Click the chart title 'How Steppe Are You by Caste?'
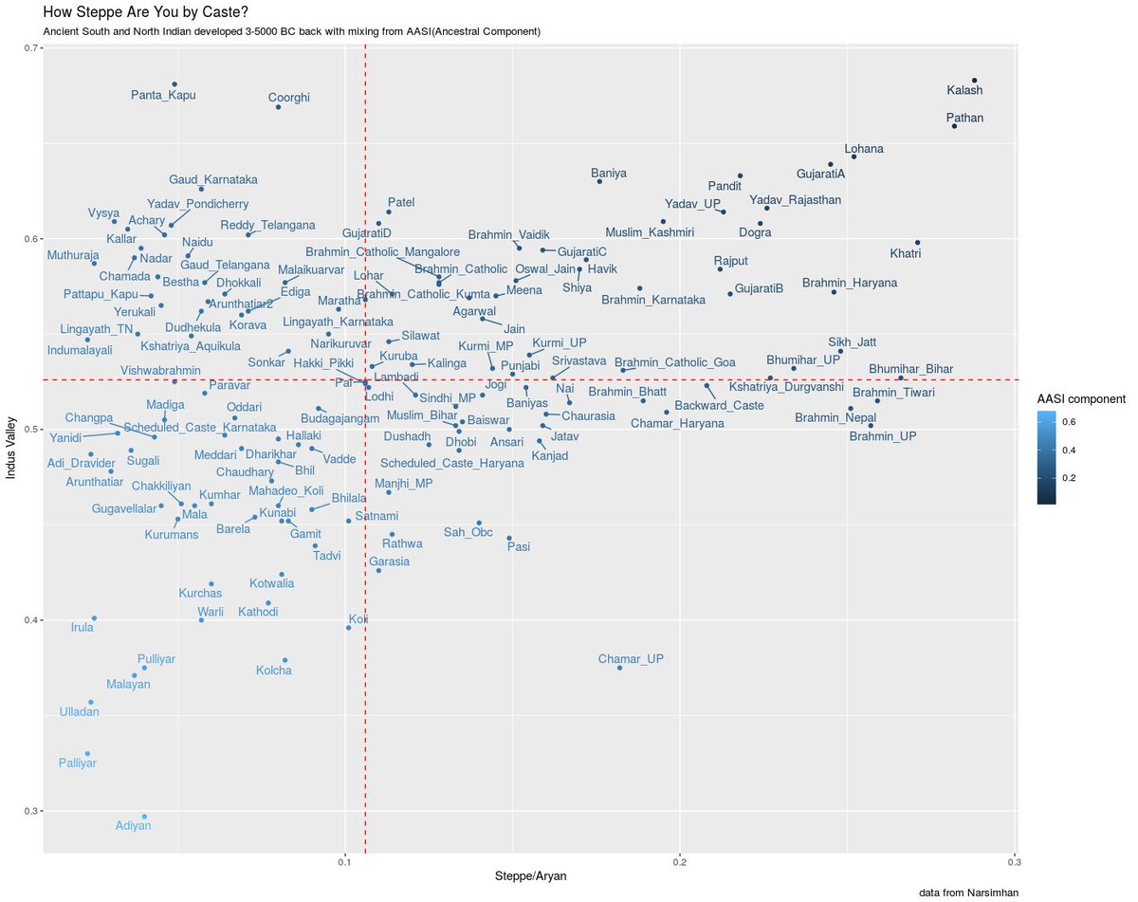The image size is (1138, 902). [143, 12]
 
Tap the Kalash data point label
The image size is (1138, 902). [964, 91]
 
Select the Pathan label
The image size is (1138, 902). [964, 119]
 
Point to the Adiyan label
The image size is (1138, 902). [133, 826]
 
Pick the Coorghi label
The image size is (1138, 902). [288, 98]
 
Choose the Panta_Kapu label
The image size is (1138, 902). [163, 95]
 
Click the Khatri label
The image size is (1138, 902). [905, 253]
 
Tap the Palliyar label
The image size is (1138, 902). [76, 763]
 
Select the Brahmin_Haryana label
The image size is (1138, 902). [849, 283]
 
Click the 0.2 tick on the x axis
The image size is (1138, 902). [679, 862]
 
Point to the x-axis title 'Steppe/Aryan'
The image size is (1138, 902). [531, 877]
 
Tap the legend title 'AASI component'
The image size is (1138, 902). [1081, 398]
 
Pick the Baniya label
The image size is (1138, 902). [609, 174]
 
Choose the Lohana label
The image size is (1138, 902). [864, 149]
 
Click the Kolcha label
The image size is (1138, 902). [274, 672]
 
